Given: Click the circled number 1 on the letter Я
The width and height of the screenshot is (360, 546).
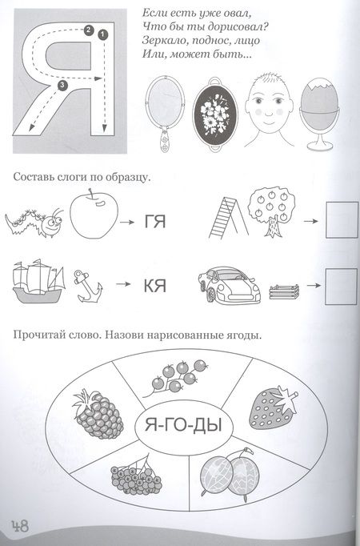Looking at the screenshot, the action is point(103,34).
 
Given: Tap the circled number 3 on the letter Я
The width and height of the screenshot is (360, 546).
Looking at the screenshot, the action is point(62,85).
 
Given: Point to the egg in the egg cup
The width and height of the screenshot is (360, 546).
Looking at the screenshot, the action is point(319,98).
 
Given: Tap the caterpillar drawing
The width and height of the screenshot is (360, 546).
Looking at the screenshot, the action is point(34,223).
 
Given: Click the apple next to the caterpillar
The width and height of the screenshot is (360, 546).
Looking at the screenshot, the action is point(94,215).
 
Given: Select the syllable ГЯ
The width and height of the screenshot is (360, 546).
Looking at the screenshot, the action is point(155,222).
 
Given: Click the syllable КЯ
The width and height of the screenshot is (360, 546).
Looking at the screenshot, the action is point(155,287).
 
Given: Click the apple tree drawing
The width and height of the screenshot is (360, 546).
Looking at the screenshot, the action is point(272,211).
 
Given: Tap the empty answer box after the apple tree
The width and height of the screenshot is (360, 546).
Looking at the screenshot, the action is point(342,220).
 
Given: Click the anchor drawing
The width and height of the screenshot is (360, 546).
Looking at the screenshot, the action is point(88,287).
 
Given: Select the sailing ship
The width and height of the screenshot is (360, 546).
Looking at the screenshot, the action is point(38,281).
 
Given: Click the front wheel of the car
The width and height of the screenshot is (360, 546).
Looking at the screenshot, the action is point(210,295).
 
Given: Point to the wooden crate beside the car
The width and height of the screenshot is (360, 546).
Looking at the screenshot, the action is point(284,291).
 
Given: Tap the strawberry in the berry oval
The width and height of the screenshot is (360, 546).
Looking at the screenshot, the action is point(274,407).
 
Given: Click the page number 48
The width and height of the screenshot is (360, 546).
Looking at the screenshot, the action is point(20,525).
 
